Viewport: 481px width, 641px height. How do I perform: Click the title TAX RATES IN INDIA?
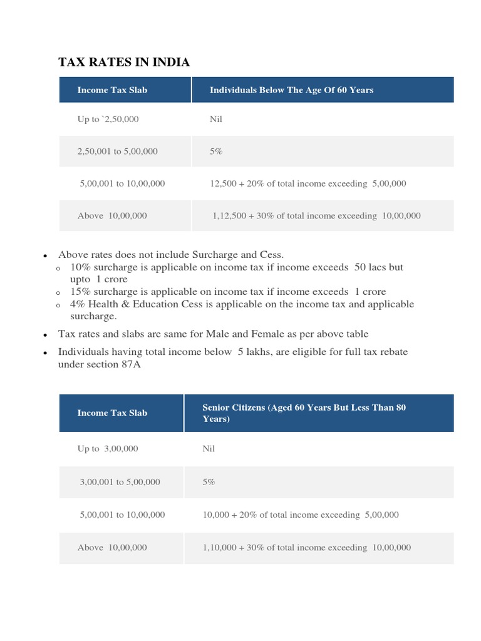[x=123, y=62]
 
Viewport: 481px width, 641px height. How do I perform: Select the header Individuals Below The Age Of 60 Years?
[x=291, y=90]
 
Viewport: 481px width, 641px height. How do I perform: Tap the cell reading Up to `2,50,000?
[x=108, y=119]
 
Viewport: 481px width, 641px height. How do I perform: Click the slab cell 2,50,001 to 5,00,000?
[x=117, y=151]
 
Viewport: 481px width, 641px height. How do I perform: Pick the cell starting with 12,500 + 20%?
[x=308, y=183]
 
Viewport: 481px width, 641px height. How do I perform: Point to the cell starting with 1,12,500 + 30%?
[x=316, y=216]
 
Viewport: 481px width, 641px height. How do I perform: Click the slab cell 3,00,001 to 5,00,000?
[x=120, y=482]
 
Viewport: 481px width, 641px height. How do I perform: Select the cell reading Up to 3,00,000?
[x=108, y=449]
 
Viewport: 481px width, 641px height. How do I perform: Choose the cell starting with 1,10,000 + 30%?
[x=306, y=547]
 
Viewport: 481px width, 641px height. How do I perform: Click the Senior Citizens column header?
[x=304, y=413]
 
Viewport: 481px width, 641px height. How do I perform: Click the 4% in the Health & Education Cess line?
[x=79, y=304]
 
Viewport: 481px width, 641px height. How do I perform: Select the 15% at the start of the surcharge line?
[x=81, y=292]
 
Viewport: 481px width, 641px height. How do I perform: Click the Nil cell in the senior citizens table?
[x=209, y=449]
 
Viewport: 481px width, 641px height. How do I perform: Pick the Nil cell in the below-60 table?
[x=216, y=119]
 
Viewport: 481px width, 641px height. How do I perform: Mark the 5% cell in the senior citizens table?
[x=209, y=482]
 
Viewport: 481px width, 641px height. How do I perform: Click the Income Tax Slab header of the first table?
[x=112, y=90]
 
